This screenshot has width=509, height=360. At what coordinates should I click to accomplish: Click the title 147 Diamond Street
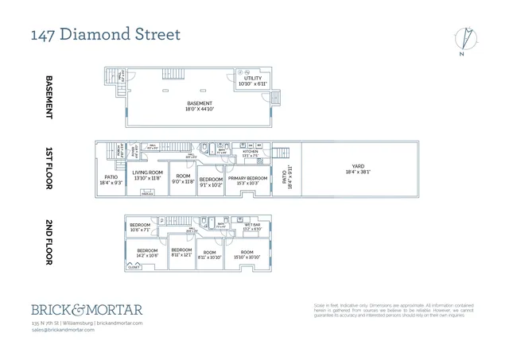(x=106, y=35)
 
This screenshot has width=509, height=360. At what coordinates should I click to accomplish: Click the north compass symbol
(x=465, y=40)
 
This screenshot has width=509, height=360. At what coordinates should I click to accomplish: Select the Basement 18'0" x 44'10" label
(x=200, y=106)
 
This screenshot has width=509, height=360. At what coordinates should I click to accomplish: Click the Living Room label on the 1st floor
(x=147, y=176)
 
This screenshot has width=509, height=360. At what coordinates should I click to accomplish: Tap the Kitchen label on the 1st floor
(x=251, y=154)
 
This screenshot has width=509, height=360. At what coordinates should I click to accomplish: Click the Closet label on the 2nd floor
(x=133, y=267)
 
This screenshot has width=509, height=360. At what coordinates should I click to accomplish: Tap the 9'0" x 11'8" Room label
(x=183, y=179)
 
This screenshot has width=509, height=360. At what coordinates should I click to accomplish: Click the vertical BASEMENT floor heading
(x=49, y=96)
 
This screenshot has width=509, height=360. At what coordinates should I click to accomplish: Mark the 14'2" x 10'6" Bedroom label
(x=147, y=253)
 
